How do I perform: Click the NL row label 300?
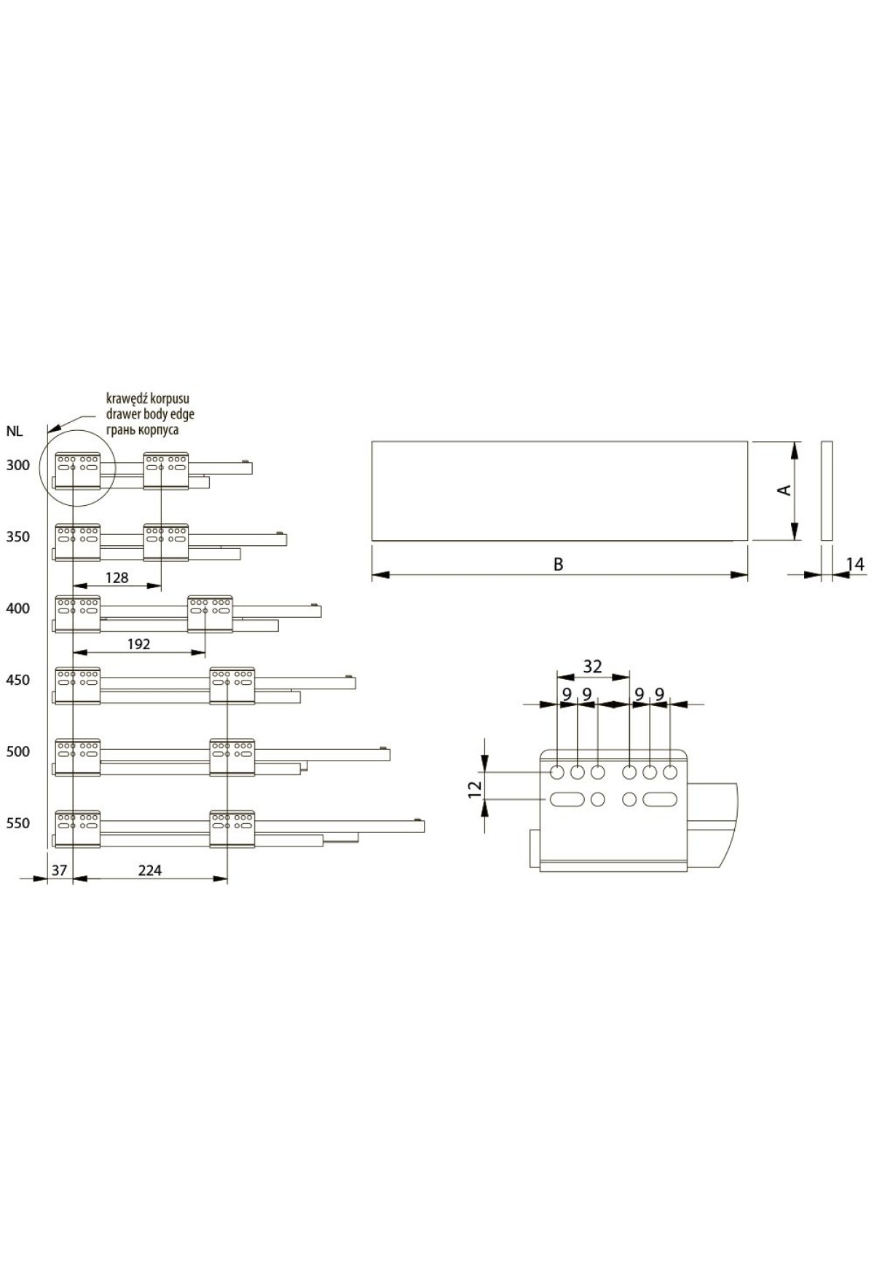tap(18, 466)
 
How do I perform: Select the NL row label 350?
tap(18, 537)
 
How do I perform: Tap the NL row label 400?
tap(18, 608)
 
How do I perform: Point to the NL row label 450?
tap(18, 680)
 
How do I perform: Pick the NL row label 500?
tap(18, 751)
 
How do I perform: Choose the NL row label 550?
tap(18, 823)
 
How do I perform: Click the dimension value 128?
tap(117, 577)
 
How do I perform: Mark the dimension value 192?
tap(138, 644)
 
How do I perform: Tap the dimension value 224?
tap(149, 870)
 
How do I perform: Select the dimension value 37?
tap(60, 870)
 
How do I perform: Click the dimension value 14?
tap(855, 564)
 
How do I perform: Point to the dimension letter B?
tap(559, 564)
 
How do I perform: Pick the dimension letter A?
tap(784, 490)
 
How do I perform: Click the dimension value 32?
tap(593, 666)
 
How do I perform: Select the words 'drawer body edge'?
tap(150, 414)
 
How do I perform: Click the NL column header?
tap(15, 431)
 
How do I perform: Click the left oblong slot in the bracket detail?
tap(567, 799)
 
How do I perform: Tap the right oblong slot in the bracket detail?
tap(660, 799)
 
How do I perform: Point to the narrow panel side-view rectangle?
tap(826, 491)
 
